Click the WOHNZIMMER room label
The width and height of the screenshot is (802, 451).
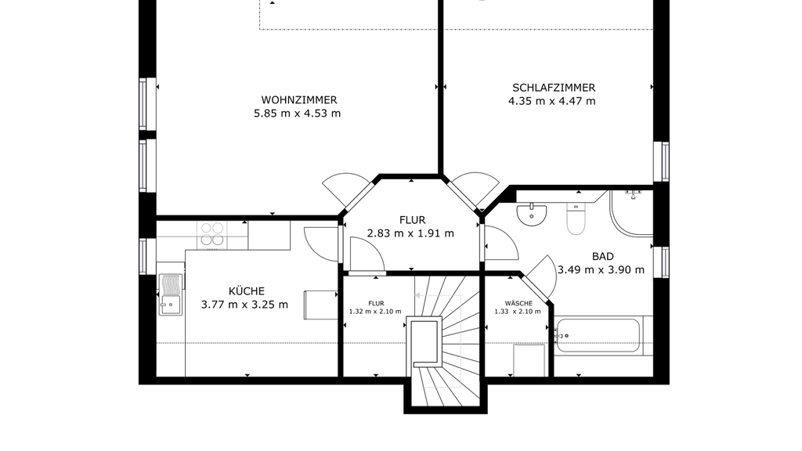[298, 100]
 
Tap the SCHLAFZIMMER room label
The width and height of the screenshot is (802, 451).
[554, 88]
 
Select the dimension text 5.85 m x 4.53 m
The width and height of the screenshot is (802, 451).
[297, 114]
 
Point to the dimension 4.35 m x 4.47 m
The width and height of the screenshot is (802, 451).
[552, 101]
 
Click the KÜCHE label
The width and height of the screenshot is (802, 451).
[247, 291]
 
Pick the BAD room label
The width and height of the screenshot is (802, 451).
[602, 257]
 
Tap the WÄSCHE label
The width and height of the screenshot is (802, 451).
[518, 303]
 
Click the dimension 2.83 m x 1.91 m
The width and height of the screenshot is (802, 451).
[410, 233]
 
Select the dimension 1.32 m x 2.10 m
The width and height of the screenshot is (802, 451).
[375, 312]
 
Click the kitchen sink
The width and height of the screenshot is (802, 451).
[170, 294]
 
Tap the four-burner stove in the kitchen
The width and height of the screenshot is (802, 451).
[211, 235]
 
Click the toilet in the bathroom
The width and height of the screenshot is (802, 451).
[576, 219]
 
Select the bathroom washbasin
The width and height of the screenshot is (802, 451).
[532, 215]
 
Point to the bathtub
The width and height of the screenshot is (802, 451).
[598, 335]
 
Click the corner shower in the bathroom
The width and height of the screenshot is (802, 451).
[631, 214]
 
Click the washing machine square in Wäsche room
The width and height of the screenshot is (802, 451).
[529, 360]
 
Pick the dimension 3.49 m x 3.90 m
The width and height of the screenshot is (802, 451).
[601, 270]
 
